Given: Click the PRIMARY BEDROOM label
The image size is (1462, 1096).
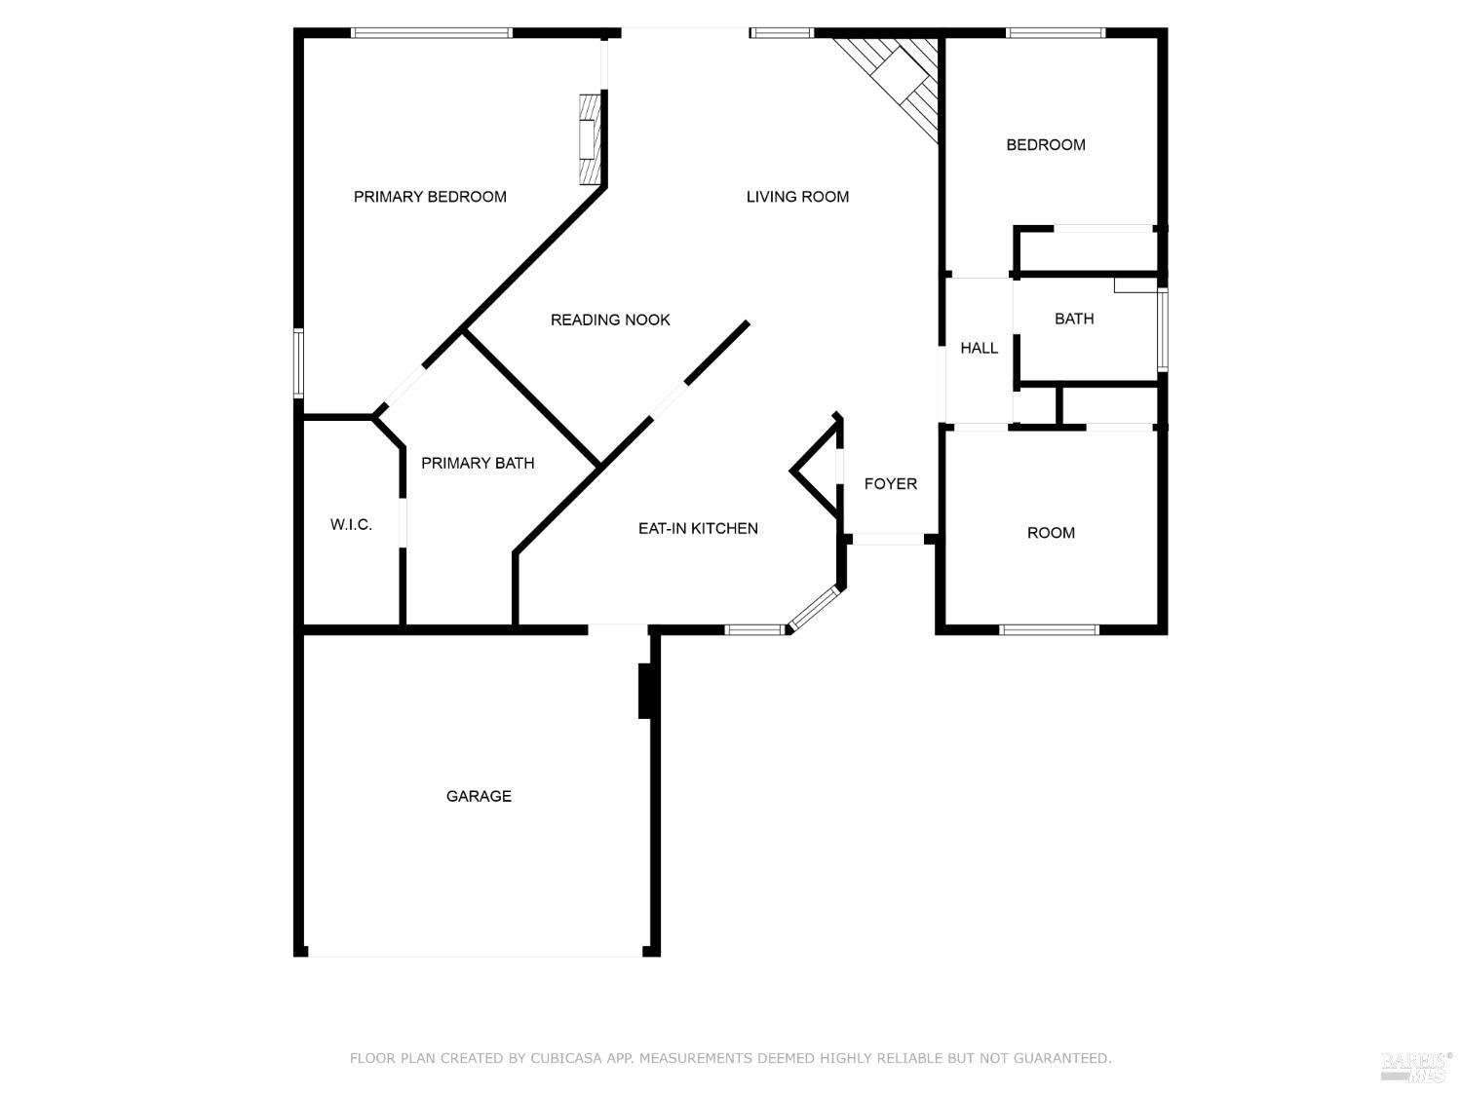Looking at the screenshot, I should point(430,197).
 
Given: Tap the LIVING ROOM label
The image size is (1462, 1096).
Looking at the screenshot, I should point(797,197).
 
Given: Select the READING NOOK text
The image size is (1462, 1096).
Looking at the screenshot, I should point(610,320).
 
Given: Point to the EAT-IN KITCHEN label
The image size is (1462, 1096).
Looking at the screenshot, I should point(698,528).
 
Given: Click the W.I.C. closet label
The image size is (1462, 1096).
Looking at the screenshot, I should point(351,524).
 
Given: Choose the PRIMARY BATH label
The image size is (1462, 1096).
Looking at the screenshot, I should point(478,463).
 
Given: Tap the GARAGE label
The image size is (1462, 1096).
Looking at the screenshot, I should point(479,796).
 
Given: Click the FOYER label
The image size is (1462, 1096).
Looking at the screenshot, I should point(890,483).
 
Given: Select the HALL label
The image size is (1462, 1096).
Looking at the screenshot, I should point(979,348).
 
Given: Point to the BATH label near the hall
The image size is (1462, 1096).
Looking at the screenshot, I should point(1074,319).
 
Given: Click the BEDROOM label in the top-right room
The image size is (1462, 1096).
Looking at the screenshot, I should point(1046,145).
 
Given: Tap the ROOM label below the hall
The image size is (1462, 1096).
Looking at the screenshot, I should point(1051,533).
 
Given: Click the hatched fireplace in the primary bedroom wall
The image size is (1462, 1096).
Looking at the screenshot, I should point(589,139).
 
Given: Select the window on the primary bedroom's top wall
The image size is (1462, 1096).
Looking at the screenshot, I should point(431,33).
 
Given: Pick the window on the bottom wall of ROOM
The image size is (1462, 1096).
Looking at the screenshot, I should point(1050,629).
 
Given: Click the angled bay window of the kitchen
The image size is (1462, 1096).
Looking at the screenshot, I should point(813,609).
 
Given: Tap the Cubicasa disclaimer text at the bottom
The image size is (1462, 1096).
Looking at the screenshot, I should point(730,1058).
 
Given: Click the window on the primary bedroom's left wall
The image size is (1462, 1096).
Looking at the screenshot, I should point(299,363).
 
